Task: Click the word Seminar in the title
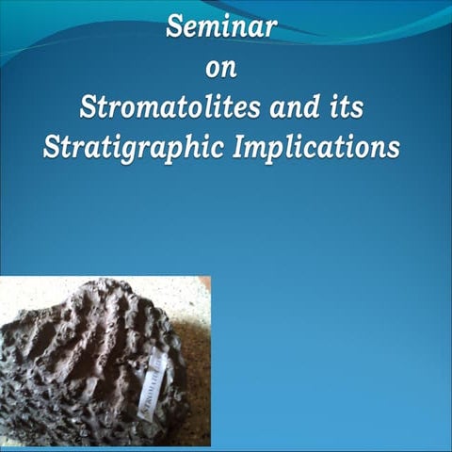(221, 27)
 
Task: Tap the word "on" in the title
(221, 68)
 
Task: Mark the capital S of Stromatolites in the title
(88, 107)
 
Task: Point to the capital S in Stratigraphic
(52, 149)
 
